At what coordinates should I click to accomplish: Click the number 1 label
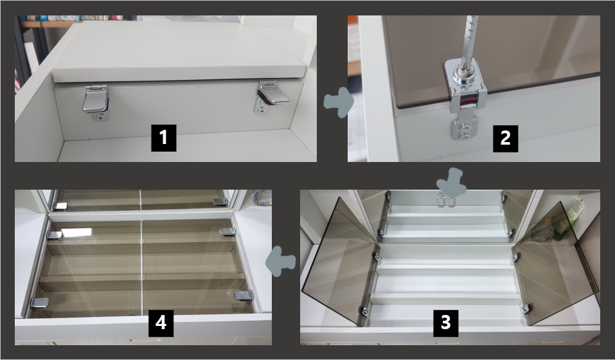tap(164, 138)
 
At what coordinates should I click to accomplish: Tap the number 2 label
tap(505, 138)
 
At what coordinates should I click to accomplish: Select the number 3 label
tap(445, 323)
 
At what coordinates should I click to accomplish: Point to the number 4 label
tap(161, 323)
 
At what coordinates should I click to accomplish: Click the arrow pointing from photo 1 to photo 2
tap(339, 102)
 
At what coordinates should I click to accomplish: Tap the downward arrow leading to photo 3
tap(451, 183)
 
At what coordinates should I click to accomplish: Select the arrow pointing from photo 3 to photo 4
tap(280, 261)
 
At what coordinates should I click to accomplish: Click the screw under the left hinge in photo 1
tap(101, 117)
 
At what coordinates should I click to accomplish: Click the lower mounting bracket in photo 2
tap(464, 128)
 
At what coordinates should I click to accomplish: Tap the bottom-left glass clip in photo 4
tap(40, 302)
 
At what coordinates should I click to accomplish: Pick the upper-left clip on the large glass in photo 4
tap(55, 235)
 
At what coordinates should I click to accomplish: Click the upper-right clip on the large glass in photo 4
tap(227, 232)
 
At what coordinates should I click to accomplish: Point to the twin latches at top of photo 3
tap(447, 201)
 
